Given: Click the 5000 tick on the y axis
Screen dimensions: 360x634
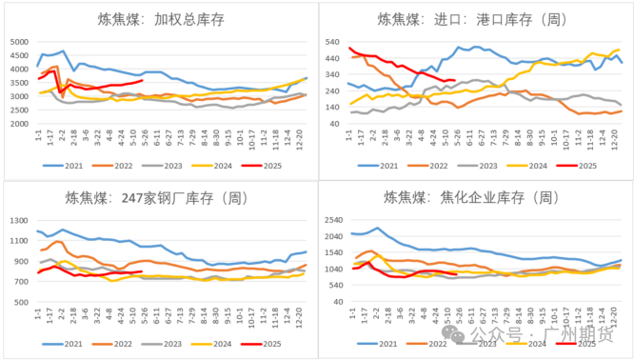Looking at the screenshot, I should pyautogui.click(x=20, y=41).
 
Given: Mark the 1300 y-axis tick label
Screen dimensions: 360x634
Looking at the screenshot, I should pyautogui.click(x=20, y=221).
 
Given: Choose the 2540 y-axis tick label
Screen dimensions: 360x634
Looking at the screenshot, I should pyautogui.click(x=332, y=221).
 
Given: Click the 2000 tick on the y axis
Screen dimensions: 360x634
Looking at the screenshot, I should pyautogui.click(x=20, y=123).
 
